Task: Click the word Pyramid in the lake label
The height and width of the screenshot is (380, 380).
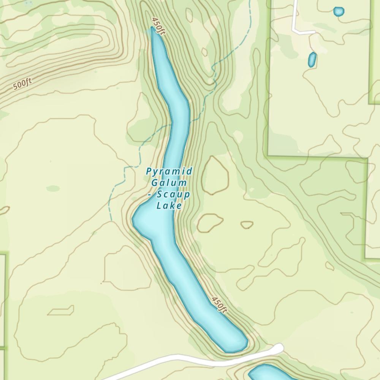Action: coord(169,171)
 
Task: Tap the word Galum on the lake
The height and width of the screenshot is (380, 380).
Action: coord(169,183)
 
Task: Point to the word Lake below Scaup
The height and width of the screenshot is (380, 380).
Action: coord(169,206)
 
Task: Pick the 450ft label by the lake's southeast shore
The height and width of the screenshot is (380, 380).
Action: coord(219,305)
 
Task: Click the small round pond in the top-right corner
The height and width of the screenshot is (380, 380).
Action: coord(339,11)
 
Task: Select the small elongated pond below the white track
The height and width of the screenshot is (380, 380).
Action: coord(312,60)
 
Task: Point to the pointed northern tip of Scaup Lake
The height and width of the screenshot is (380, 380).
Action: coord(153,29)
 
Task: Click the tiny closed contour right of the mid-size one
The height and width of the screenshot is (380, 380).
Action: coord(247,225)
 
